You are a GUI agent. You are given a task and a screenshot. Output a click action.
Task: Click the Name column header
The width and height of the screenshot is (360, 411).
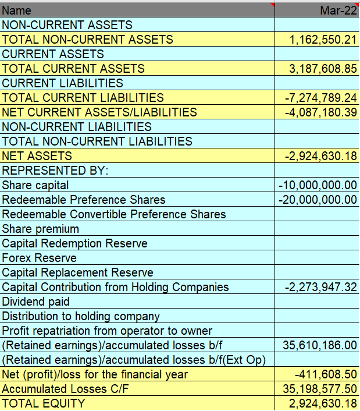pyautogui.click(x=17, y=10)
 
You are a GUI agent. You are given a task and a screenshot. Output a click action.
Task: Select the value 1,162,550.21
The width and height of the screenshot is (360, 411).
pyautogui.click(x=323, y=40)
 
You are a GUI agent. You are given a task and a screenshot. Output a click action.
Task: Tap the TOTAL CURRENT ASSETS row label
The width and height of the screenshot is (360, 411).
pyautogui.click(x=73, y=69)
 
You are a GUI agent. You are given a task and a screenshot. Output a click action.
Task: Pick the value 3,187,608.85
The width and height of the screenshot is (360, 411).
pyautogui.click(x=323, y=69)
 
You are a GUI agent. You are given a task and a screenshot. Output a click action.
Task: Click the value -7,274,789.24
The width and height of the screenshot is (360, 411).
pyautogui.click(x=320, y=98)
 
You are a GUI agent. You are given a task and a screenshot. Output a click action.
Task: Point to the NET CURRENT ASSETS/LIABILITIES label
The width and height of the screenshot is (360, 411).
pyautogui.click(x=99, y=112)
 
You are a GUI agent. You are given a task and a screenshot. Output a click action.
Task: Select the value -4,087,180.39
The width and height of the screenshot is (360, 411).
pyautogui.click(x=320, y=112)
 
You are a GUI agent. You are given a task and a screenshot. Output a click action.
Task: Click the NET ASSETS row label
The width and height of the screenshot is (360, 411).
pyautogui.click(x=37, y=156)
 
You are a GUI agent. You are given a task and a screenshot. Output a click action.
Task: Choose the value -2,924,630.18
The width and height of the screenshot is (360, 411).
pyautogui.click(x=320, y=156)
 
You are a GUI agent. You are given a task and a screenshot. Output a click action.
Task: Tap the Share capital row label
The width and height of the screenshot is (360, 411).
pyautogui.click(x=35, y=185)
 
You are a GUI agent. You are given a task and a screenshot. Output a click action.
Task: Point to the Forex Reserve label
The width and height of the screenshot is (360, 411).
pyautogui.click(x=40, y=258)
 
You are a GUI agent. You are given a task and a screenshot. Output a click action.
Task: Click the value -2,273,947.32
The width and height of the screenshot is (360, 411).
pyautogui.click(x=320, y=287)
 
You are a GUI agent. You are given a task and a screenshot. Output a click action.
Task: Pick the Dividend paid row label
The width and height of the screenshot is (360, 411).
pyautogui.click(x=36, y=302)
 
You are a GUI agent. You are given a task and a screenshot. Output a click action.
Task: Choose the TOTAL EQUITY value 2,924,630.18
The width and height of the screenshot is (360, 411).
pyautogui.click(x=323, y=403)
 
